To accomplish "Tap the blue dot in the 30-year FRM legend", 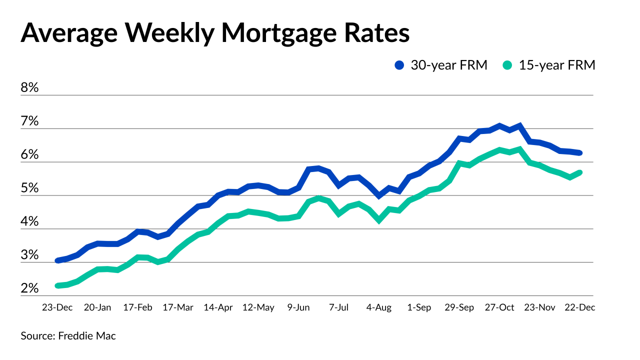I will click(x=399, y=65).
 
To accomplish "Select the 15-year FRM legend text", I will click(x=556, y=65).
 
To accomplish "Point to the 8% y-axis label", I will click(x=29, y=88).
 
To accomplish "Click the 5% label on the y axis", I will click(x=29, y=188).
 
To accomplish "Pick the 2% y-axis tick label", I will click(x=29, y=288).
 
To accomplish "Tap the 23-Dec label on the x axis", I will click(x=57, y=307).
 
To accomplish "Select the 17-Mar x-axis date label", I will click(x=177, y=307).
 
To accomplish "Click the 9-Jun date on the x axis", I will click(x=298, y=307).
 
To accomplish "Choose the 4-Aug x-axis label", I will click(x=378, y=307).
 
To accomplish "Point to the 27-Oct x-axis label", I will click(x=499, y=307).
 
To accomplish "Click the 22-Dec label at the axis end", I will click(x=579, y=307).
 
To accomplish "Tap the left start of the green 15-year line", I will click(x=58, y=285).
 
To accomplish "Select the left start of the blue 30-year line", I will click(x=58, y=260).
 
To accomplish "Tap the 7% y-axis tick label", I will click(x=29, y=121).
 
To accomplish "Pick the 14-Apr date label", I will click(x=217, y=307).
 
